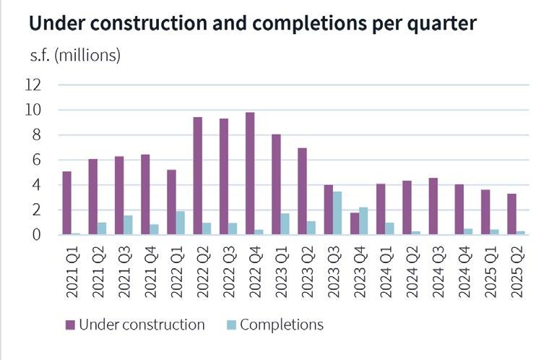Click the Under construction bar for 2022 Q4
[250, 173]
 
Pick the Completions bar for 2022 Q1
[181, 223]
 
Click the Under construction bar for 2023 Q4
[354, 223]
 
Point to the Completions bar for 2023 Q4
[363, 220]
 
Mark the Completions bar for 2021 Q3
[128, 225]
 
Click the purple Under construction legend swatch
[70, 325]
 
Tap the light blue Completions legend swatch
[230, 325]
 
